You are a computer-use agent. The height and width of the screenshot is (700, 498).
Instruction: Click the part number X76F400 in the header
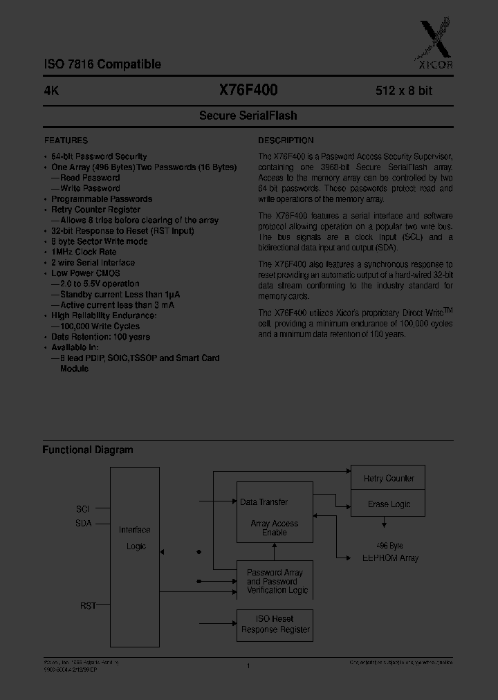click(x=248, y=90)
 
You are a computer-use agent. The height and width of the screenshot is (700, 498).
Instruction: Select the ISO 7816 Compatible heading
click(x=102, y=64)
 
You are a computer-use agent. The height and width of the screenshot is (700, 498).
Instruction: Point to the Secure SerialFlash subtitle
click(x=248, y=116)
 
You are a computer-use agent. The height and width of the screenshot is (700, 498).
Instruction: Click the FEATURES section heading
click(x=66, y=140)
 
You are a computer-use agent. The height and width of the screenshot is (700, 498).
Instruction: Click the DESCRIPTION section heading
click(x=286, y=140)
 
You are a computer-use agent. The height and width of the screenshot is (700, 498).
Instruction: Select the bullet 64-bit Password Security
click(x=99, y=156)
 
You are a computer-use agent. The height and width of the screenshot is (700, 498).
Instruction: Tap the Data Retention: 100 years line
click(x=100, y=337)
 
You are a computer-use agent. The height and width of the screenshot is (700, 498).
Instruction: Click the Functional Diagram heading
click(x=88, y=450)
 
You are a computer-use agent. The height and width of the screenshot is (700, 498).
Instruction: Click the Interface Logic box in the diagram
click(x=134, y=537)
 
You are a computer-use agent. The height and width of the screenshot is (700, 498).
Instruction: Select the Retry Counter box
click(x=388, y=478)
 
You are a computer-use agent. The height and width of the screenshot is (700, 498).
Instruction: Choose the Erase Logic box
click(x=388, y=504)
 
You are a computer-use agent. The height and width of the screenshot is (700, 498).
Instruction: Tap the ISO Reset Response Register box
click(x=275, y=624)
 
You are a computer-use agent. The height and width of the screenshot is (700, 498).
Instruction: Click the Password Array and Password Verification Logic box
click(x=275, y=580)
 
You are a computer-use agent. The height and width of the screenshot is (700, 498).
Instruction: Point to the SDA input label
click(x=83, y=524)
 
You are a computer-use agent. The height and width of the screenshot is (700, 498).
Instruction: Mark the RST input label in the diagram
click(x=88, y=605)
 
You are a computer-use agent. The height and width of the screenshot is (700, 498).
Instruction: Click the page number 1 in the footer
click(x=248, y=665)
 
